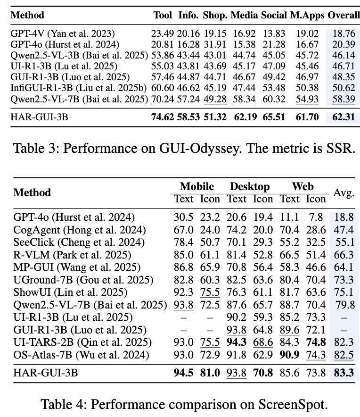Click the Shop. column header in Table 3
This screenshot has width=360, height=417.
(x=215, y=15)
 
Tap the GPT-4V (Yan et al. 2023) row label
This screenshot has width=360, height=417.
(x=63, y=34)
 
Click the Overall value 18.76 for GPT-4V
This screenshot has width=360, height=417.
(x=344, y=34)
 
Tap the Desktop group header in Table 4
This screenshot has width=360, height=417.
(x=249, y=187)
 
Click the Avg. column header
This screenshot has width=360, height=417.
(x=344, y=192)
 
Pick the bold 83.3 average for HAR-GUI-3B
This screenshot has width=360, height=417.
(x=344, y=373)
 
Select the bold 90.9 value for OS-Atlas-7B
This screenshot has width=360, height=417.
(x=289, y=354)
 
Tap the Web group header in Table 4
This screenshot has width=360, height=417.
(x=303, y=187)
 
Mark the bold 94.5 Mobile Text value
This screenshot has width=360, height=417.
(x=183, y=373)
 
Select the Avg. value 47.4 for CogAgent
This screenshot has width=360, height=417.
(x=344, y=230)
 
